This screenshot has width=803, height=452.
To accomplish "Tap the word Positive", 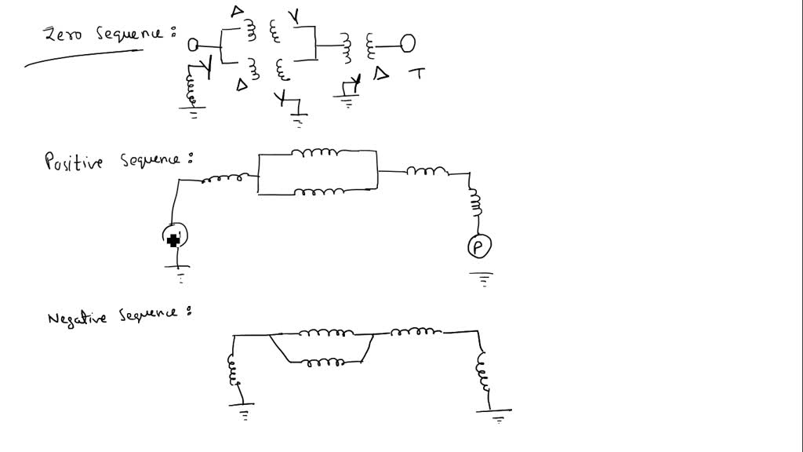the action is (74, 161).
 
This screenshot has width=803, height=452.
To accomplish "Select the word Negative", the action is (77, 319).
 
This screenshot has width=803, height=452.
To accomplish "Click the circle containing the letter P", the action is (479, 246).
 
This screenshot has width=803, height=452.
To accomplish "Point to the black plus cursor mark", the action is (173, 240).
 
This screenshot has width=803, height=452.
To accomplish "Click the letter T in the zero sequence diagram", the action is (417, 74).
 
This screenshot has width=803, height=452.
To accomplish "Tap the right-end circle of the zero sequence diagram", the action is (408, 44).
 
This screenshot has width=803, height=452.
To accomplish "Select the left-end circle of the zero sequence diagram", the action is (193, 45).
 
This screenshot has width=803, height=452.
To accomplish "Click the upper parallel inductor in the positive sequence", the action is (314, 152).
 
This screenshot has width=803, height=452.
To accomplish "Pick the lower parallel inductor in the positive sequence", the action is (319, 192).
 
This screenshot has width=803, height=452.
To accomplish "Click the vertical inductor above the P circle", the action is (475, 202).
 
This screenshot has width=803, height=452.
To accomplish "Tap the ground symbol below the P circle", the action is (481, 279).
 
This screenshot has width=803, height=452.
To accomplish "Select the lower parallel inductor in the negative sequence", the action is (325, 363).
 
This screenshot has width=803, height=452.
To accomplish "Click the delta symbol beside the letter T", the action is (380, 74).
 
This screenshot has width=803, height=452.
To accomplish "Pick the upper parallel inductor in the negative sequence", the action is (325, 333).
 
